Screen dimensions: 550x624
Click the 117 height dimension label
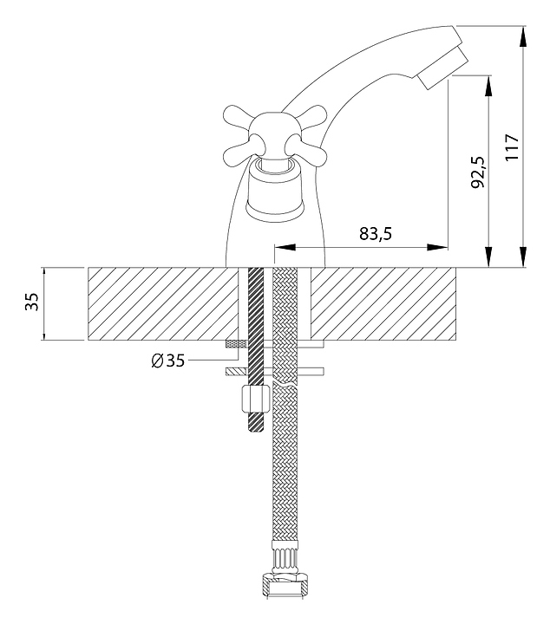coord(512,147)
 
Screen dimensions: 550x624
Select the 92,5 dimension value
coord(477,172)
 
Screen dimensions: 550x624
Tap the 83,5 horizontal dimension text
coord(376,234)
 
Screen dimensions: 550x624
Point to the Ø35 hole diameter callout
coord(168,361)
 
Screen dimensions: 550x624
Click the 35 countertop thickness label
coord(32,302)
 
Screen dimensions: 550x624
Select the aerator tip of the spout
coord(442,67)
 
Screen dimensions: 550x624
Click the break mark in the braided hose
coord(285,385)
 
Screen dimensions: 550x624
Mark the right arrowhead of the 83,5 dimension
coord(437,247)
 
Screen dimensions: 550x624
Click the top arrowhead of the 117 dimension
coord(523,38)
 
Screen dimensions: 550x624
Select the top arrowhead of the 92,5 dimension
coord(488,86)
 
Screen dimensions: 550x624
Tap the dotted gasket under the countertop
coord(237,344)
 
